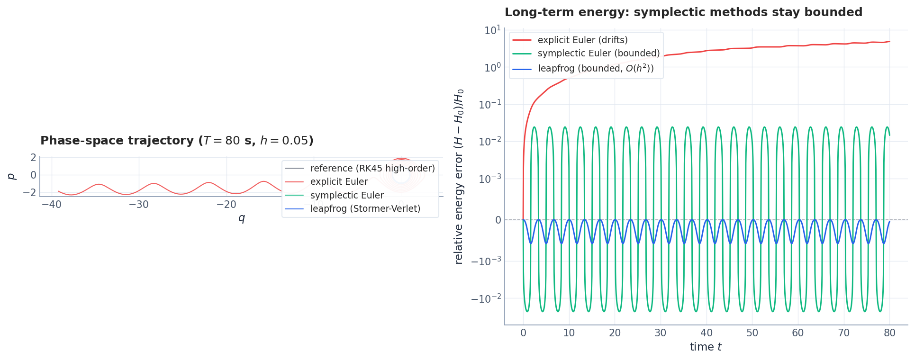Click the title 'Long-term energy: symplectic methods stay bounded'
tap(683, 12)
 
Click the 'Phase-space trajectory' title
tap(177, 141)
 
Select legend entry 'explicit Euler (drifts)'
tap(582, 40)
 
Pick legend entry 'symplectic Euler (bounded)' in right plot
tap(598, 54)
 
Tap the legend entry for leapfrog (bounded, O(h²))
tap(596, 69)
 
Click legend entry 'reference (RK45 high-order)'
tap(372, 169)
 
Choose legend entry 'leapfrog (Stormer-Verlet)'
tap(365, 209)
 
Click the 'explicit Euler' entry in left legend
tap(339, 182)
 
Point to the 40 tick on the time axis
tap(706, 333)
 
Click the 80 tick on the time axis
tap(889, 333)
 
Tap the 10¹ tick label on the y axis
tap(492, 31)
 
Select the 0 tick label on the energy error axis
tap(498, 220)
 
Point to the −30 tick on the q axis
tap(139, 205)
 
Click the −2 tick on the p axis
tap(29, 192)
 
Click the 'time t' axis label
tap(706, 347)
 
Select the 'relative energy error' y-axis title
tap(459, 176)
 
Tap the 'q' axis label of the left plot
tap(242, 218)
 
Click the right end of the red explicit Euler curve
tap(889, 41)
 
